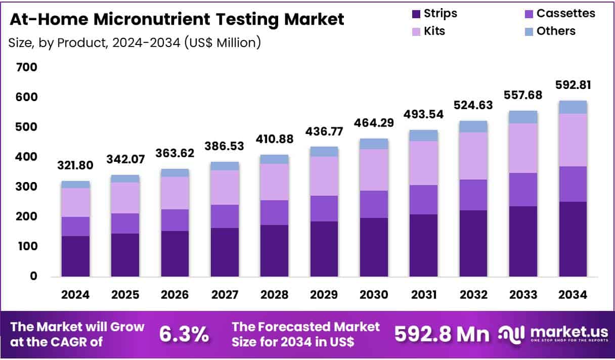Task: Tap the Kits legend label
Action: click(x=434, y=31)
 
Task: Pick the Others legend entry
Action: click(x=556, y=31)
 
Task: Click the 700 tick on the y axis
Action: click(x=26, y=67)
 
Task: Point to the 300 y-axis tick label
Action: click(x=26, y=187)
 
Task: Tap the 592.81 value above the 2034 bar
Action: click(x=573, y=84)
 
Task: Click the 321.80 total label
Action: click(x=75, y=165)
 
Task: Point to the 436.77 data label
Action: click(x=324, y=131)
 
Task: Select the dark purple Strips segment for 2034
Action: click(x=573, y=239)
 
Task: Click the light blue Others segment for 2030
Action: click(x=374, y=144)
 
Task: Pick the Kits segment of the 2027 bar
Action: click(x=225, y=187)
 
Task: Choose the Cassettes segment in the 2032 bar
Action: click(x=473, y=195)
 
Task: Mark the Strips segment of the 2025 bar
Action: click(x=125, y=255)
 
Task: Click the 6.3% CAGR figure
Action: click(x=184, y=334)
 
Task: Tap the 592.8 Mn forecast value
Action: click(x=442, y=334)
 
